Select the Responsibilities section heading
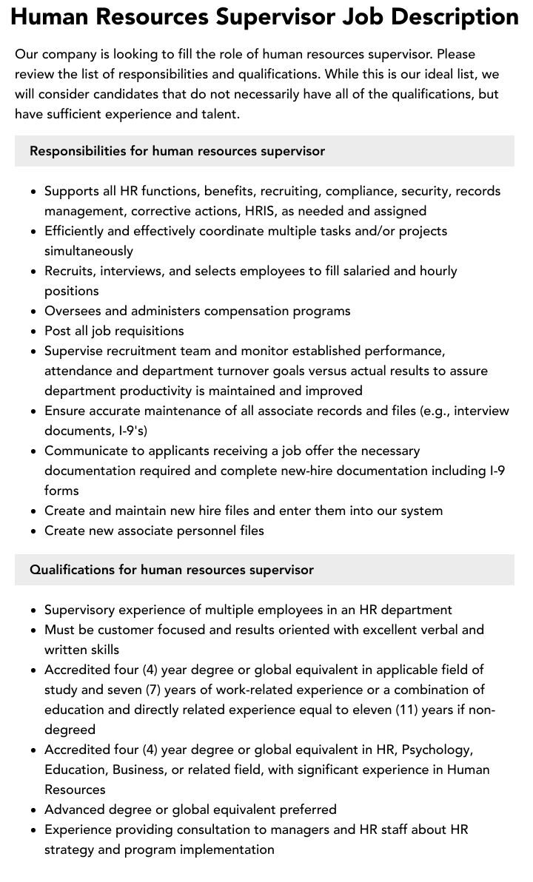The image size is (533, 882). pos(177,151)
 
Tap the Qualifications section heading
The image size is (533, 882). pos(171,570)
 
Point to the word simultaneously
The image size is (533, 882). pos(89,251)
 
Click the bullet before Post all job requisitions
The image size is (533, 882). pos(34,331)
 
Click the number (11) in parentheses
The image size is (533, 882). pos(421,710)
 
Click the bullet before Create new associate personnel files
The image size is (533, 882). pos(34,531)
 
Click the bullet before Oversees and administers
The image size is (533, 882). pos(34,312)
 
